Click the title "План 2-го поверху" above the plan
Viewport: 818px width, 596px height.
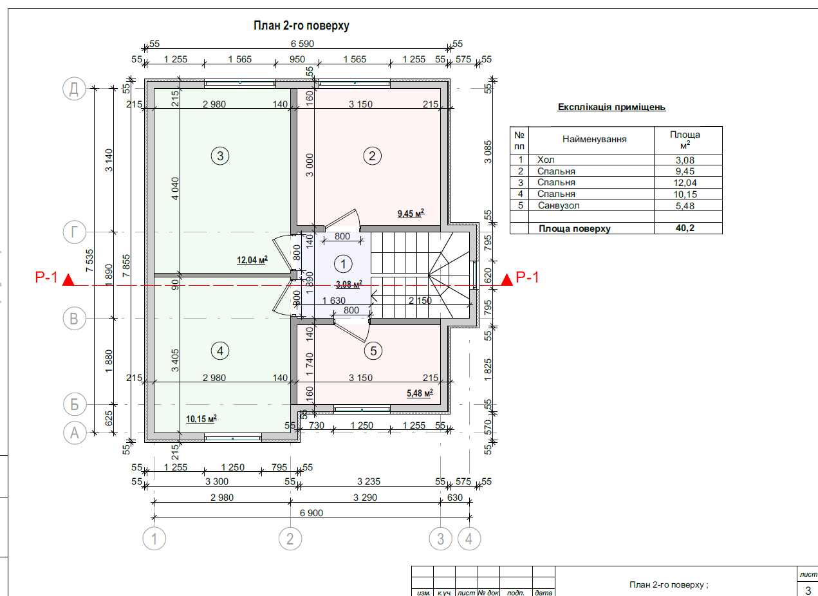(301, 26)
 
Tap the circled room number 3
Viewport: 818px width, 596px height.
(220, 155)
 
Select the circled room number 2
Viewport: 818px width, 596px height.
(372, 155)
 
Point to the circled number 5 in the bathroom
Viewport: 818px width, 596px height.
(373, 351)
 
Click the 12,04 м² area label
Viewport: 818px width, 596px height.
(252, 260)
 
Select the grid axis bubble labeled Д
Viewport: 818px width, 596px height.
(75, 89)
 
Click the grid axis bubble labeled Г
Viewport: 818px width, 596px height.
(75, 232)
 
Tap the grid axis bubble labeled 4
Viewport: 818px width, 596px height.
(469, 539)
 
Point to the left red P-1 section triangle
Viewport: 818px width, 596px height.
(69, 280)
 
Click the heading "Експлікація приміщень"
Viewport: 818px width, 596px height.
(611, 107)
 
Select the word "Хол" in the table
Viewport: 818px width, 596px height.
(545, 160)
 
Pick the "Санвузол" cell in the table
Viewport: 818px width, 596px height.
(558, 205)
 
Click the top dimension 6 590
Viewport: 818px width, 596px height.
(302, 44)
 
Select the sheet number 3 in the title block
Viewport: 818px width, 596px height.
(808, 590)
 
